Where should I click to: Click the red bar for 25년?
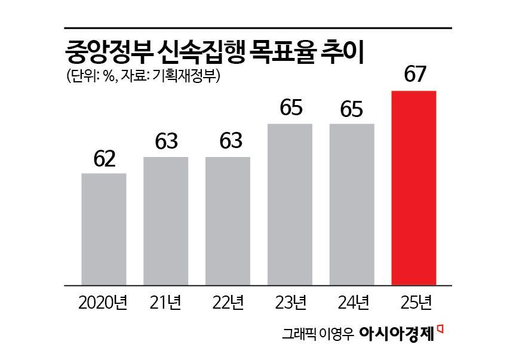click(x=414, y=188)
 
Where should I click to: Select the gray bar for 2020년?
click(x=103, y=229)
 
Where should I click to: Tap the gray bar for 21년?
click(x=165, y=221)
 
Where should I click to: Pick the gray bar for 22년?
click(x=228, y=221)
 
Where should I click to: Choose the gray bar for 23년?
click(x=290, y=204)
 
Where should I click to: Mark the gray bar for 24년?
click(x=352, y=204)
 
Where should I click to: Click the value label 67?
click(x=413, y=75)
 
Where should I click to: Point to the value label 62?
click(x=103, y=159)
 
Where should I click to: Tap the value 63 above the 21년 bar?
click(x=165, y=142)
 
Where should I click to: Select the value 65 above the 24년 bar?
click(x=352, y=109)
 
